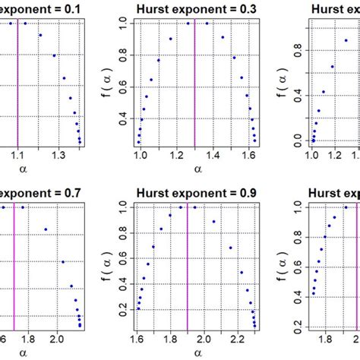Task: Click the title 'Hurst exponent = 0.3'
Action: (x=196, y=8)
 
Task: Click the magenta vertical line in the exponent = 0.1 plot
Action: (x=17, y=84)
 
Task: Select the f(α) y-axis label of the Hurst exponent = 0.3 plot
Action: (x=111, y=82)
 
